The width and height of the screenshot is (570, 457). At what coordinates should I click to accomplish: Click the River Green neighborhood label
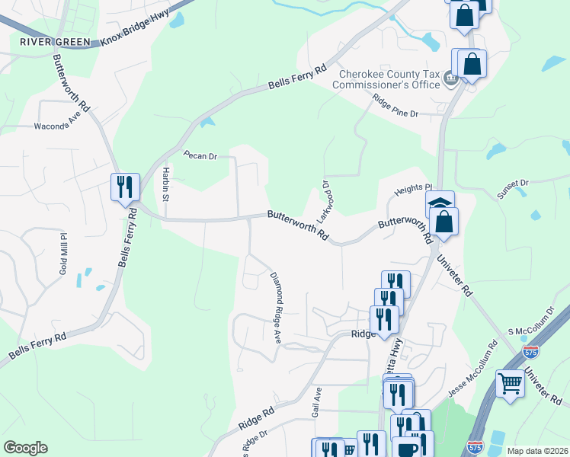[55, 41]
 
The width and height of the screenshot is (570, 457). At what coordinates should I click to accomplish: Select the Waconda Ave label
[57, 124]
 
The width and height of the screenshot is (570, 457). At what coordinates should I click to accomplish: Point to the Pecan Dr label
[200, 155]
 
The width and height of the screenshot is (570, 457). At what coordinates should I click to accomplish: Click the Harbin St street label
[165, 185]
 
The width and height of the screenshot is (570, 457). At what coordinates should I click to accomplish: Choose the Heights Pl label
[412, 188]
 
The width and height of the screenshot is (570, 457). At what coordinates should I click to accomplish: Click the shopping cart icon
[510, 382]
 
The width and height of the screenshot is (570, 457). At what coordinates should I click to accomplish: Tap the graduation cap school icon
[440, 204]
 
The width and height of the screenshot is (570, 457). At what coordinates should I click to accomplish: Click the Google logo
[25, 448]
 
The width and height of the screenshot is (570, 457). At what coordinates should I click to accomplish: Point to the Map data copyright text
[536, 451]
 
